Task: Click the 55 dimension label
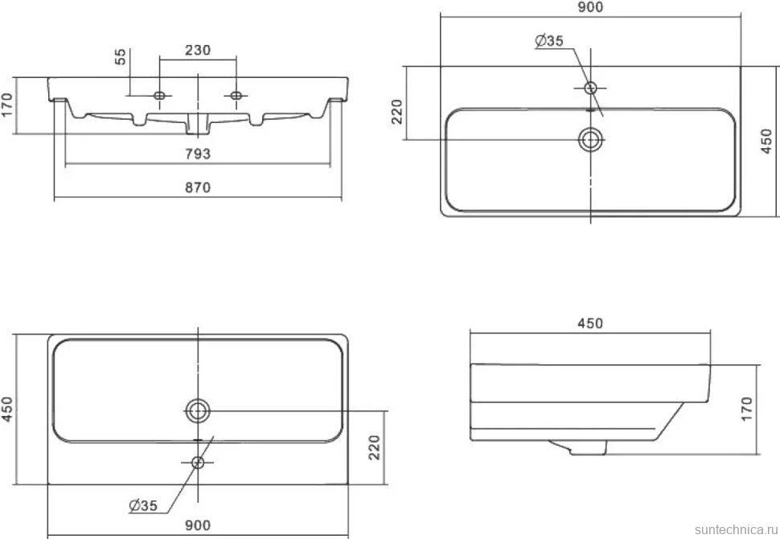[121, 57]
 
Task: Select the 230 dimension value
[198, 50]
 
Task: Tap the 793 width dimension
[198, 154]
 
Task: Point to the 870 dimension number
[198, 187]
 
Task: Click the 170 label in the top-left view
[6, 105]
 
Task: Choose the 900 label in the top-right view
[590, 7]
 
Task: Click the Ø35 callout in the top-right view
[549, 41]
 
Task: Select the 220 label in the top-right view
[397, 112]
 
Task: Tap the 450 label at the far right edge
[766, 141]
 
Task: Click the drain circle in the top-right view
[590, 140]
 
